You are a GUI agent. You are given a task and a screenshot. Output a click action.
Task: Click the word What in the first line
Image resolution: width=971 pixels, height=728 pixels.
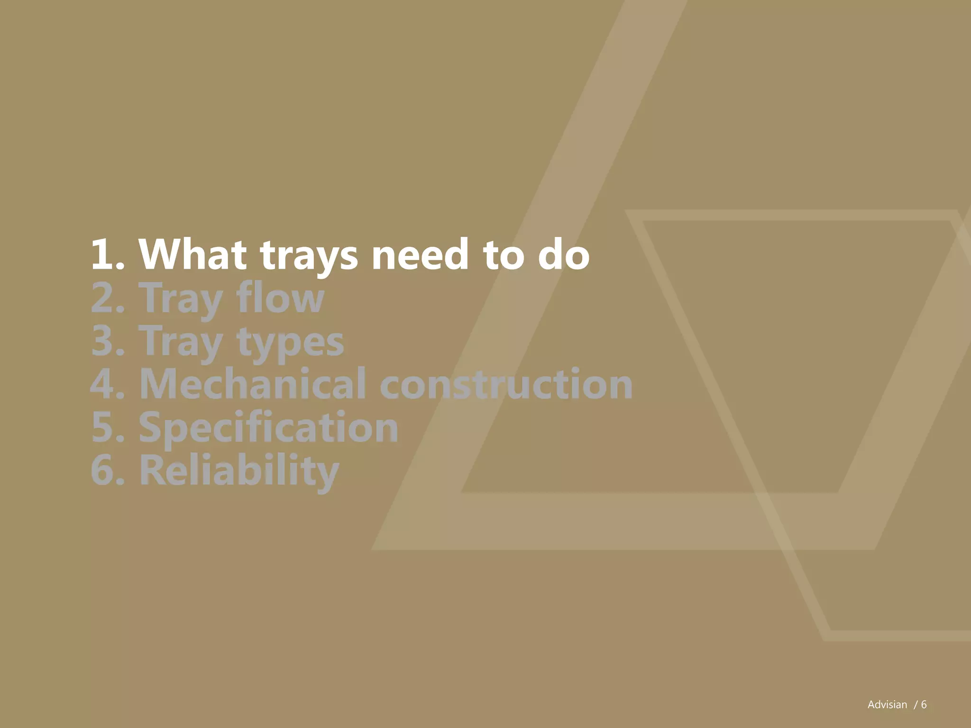point(192,255)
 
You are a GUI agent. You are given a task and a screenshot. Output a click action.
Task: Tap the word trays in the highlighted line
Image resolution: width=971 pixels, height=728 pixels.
point(309,256)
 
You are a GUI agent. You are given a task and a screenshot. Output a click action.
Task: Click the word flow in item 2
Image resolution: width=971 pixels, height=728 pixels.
point(280,298)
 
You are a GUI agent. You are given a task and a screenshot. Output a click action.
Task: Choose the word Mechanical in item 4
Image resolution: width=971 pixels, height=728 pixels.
point(253,383)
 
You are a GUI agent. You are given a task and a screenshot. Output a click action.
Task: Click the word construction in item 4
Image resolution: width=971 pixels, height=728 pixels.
point(506,383)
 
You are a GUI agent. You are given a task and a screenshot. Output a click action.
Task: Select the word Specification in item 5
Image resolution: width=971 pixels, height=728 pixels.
point(268,428)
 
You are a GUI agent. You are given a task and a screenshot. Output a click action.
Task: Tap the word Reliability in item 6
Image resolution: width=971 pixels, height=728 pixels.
point(239,471)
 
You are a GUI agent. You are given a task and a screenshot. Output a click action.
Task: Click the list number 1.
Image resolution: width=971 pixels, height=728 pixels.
point(107,255)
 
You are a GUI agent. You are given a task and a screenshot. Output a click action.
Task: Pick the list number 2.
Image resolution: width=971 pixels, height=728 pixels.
point(107,298)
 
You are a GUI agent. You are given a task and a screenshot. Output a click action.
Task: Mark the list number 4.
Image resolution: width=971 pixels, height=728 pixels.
point(107,383)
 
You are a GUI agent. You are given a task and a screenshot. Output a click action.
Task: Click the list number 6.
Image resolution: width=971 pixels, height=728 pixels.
point(107,470)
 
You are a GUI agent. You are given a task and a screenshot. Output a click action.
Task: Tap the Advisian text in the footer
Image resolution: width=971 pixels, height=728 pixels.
point(887,705)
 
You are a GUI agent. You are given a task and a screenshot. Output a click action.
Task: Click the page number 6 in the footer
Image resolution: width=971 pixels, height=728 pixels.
point(924,705)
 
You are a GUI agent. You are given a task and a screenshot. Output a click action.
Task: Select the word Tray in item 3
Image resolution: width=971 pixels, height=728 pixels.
point(181,341)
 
